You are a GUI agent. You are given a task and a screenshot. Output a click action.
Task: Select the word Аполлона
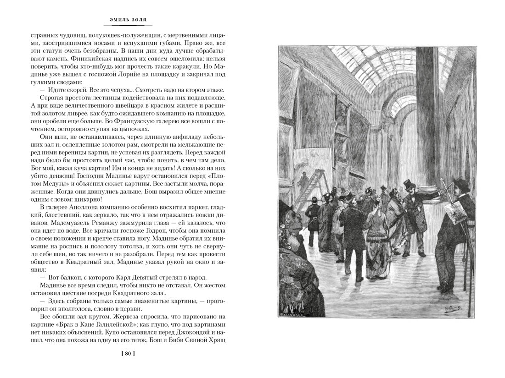click(x=84, y=207)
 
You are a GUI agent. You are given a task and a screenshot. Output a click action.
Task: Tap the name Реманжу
click(x=102, y=217)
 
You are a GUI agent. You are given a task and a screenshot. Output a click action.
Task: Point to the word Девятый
click(x=130, y=277)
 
